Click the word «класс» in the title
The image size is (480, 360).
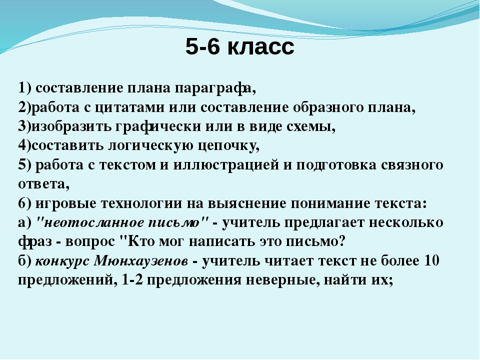tap(261, 47)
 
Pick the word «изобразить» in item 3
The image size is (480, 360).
tap(71, 126)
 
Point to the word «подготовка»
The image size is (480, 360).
tap(336, 165)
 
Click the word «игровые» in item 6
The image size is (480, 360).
tap(66, 204)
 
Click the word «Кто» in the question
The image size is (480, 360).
tap(140, 241)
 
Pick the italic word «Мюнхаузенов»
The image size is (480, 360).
tap(140, 261)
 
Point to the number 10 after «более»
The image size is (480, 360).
tap(431, 261)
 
